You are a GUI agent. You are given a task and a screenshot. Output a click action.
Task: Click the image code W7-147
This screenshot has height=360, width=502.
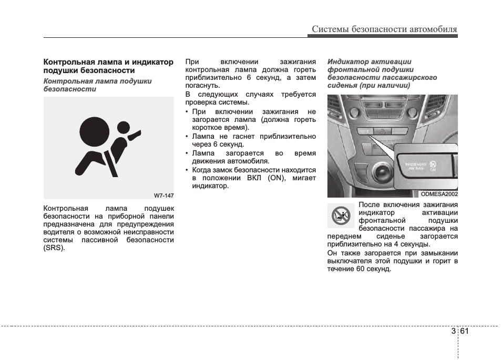163,196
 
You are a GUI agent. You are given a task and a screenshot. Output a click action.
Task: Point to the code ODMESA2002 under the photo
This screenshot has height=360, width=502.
439,194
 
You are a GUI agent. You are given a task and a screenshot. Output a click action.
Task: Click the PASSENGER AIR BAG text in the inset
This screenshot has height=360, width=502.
415,167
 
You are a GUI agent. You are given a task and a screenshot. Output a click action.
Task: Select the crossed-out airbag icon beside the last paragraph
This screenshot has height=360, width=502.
341,216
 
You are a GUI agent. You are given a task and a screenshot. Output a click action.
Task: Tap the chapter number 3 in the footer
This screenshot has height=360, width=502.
453,331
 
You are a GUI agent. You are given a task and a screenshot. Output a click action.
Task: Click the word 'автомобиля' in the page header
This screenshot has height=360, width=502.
433,29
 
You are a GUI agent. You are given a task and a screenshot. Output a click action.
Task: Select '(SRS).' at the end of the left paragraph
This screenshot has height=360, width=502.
54,248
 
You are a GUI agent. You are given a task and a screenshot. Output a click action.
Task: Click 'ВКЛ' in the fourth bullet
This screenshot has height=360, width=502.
254,178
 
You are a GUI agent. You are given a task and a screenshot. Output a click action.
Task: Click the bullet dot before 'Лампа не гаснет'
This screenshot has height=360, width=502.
187,137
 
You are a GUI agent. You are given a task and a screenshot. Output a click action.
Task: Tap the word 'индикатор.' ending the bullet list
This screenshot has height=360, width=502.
210,186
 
